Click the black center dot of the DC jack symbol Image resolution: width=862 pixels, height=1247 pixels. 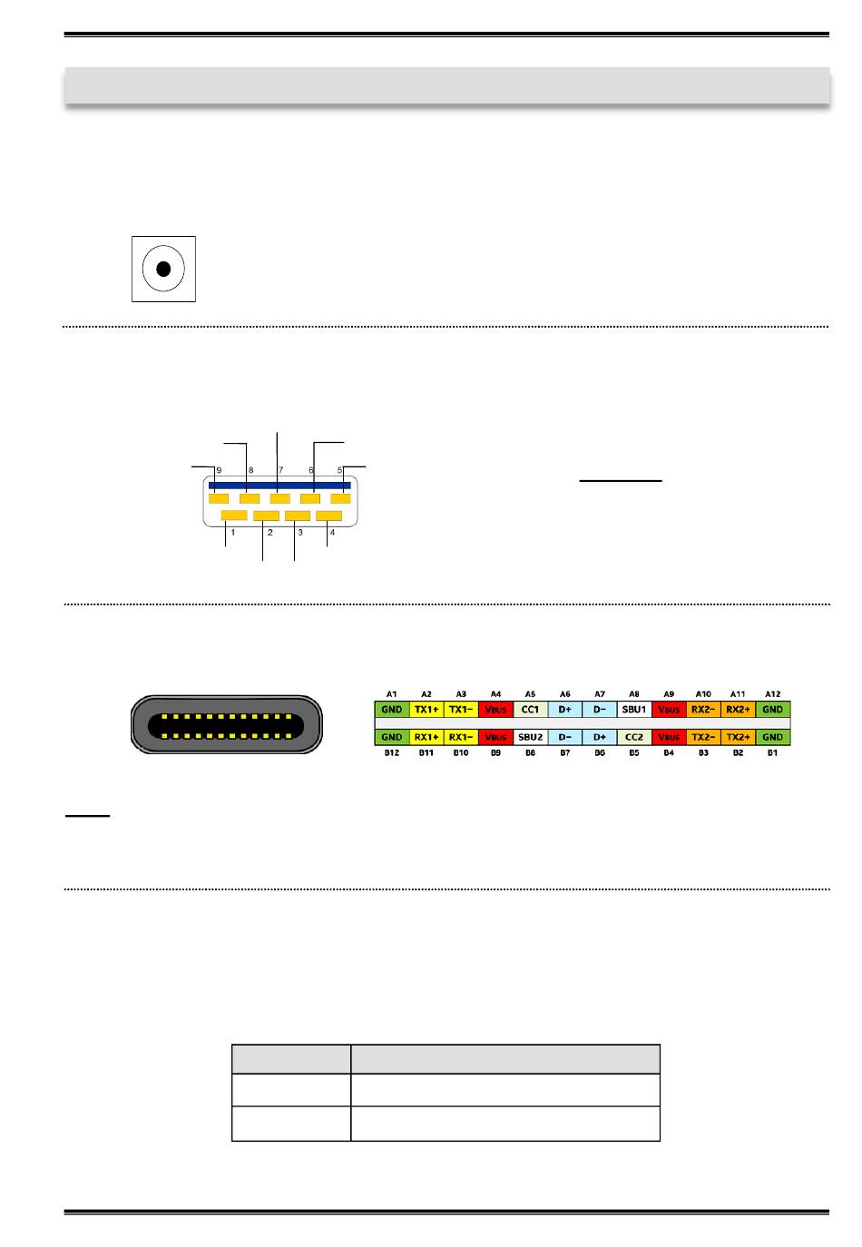pos(163,269)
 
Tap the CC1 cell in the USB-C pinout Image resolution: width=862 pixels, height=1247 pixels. pos(531,710)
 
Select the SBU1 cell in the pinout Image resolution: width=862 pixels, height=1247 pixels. pos(634,710)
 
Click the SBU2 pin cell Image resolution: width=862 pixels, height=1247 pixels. pos(531,737)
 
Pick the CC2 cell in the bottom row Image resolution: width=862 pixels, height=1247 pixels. pos(634,737)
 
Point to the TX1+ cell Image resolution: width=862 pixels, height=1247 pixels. pos(426,710)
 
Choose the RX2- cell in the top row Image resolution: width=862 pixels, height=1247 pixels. pos(703,710)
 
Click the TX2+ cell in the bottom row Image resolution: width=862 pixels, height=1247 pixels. pos(738,737)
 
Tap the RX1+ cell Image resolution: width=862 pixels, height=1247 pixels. pos(426,737)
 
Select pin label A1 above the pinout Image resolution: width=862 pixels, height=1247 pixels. pos(392,693)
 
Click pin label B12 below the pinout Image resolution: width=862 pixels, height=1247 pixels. pos(392,753)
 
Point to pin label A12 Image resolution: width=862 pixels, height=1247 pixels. pos(772,693)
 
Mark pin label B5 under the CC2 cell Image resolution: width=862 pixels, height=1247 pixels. pos(634,753)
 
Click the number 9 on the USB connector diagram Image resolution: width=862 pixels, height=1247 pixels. pos(220,470)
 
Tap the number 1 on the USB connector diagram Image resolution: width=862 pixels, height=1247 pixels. pos(233,533)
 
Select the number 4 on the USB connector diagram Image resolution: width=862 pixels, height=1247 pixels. pos(332,533)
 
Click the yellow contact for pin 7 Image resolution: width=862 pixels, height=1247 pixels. pos(279,498)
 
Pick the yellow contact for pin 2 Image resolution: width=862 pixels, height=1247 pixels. pos(266,515)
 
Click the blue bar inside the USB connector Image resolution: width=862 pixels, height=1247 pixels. pos(279,486)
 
